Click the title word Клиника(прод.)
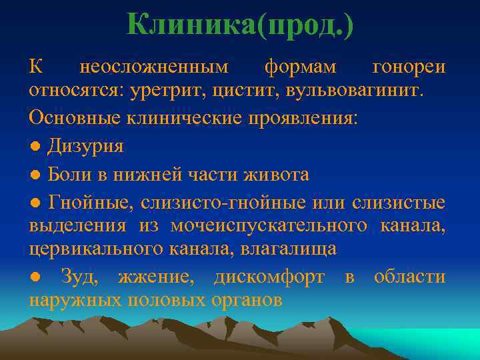pyautogui.click(x=240, y=25)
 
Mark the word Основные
pyautogui.click(x=71, y=117)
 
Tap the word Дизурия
pyautogui.click(x=85, y=147)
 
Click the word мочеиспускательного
pyautogui.click(x=269, y=225)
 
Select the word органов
pyautogui.click(x=245, y=301)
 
